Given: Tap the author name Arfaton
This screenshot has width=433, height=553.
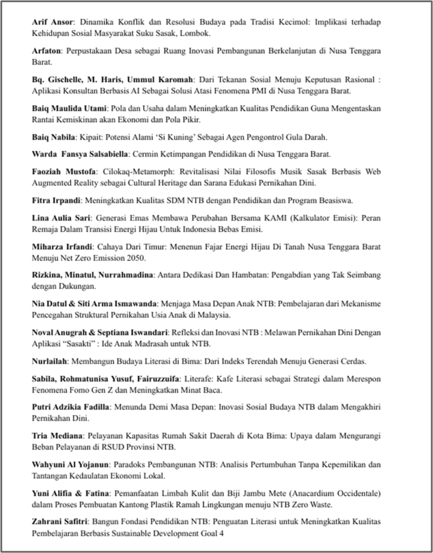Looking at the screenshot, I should tap(48, 51).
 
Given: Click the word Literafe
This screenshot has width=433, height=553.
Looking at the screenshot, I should tap(201, 379).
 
